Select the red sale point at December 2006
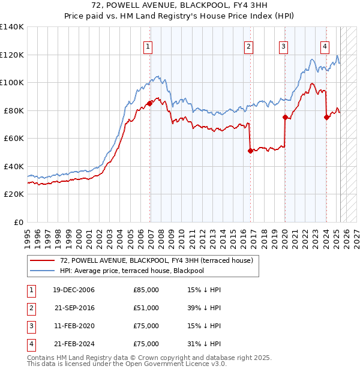(x=149, y=103)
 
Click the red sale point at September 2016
(x=250, y=151)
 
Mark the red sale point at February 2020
(x=285, y=118)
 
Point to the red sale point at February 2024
(x=326, y=118)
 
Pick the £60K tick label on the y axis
(x=13, y=138)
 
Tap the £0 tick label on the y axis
(x=18, y=222)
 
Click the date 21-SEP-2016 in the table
(x=74, y=308)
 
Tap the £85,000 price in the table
(x=146, y=290)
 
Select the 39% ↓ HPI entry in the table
(x=204, y=308)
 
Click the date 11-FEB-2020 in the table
(x=74, y=326)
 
